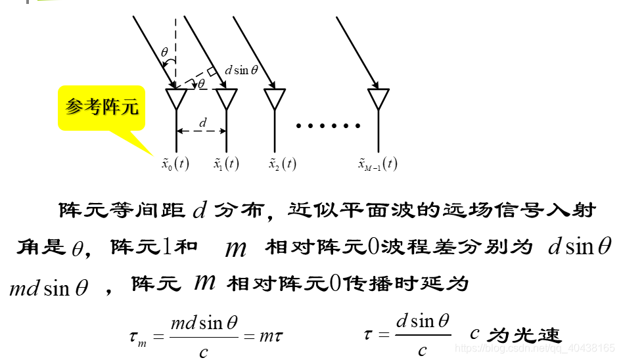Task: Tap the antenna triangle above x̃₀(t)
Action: tap(176, 99)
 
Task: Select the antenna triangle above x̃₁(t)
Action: tap(226, 99)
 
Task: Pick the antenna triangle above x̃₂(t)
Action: tap(275, 99)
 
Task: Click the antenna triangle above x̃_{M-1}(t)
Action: tap(378, 99)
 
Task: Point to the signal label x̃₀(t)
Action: tap(175, 164)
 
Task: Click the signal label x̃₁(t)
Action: tap(226, 164)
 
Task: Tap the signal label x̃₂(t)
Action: tap(282, 164)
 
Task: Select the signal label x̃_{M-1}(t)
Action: tap(377, 164)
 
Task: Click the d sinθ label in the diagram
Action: tap(241, 70)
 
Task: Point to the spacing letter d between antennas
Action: tap(203, 122)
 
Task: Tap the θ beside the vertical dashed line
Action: tap(164, 51)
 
